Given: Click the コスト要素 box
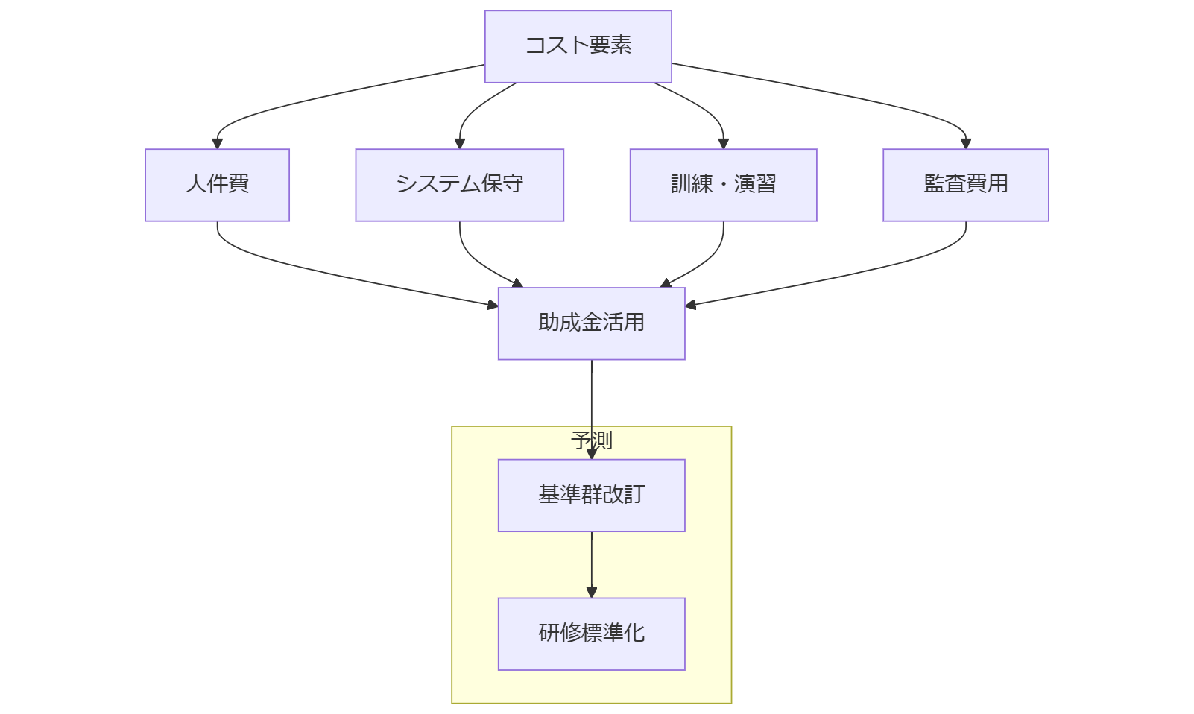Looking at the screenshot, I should pos(578,46).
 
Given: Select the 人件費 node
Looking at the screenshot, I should pos(217,185).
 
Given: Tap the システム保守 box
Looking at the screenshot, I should pos(459,185).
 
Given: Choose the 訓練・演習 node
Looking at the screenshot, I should pos(723,185).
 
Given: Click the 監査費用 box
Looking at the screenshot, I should pos(965,185).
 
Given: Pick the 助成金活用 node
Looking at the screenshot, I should pos(591,323).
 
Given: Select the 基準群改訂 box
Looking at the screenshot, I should pos(591,495).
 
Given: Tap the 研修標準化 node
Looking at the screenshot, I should pos(591,634).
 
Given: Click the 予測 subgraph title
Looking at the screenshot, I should pos(591,440).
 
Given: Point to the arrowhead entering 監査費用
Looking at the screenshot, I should pos(965,143).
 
